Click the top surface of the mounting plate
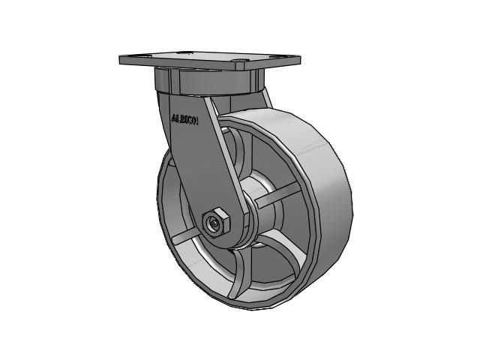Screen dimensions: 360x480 [x=210, y=58]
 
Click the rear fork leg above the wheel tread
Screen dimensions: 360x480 [x=266, y=101]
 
